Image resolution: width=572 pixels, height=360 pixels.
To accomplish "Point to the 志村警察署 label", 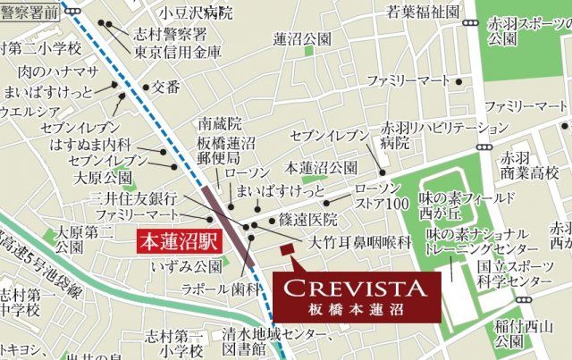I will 170,33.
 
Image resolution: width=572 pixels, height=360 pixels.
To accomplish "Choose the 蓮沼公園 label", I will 302,39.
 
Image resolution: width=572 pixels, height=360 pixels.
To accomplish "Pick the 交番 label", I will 166,87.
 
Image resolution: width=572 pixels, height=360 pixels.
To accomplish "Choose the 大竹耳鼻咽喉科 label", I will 360,242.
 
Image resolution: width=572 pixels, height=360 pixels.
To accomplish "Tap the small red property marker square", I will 286,249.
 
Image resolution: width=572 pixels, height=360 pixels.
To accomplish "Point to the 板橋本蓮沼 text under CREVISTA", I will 358,309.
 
